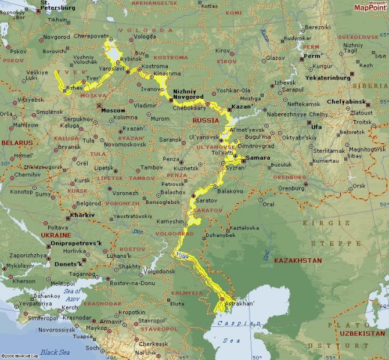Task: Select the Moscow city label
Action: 113,110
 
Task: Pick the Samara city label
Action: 258,158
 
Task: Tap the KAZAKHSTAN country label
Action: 298,261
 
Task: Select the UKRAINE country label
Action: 56,235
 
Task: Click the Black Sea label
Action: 55,352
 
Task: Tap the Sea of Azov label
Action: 72,293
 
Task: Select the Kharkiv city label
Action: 82,215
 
